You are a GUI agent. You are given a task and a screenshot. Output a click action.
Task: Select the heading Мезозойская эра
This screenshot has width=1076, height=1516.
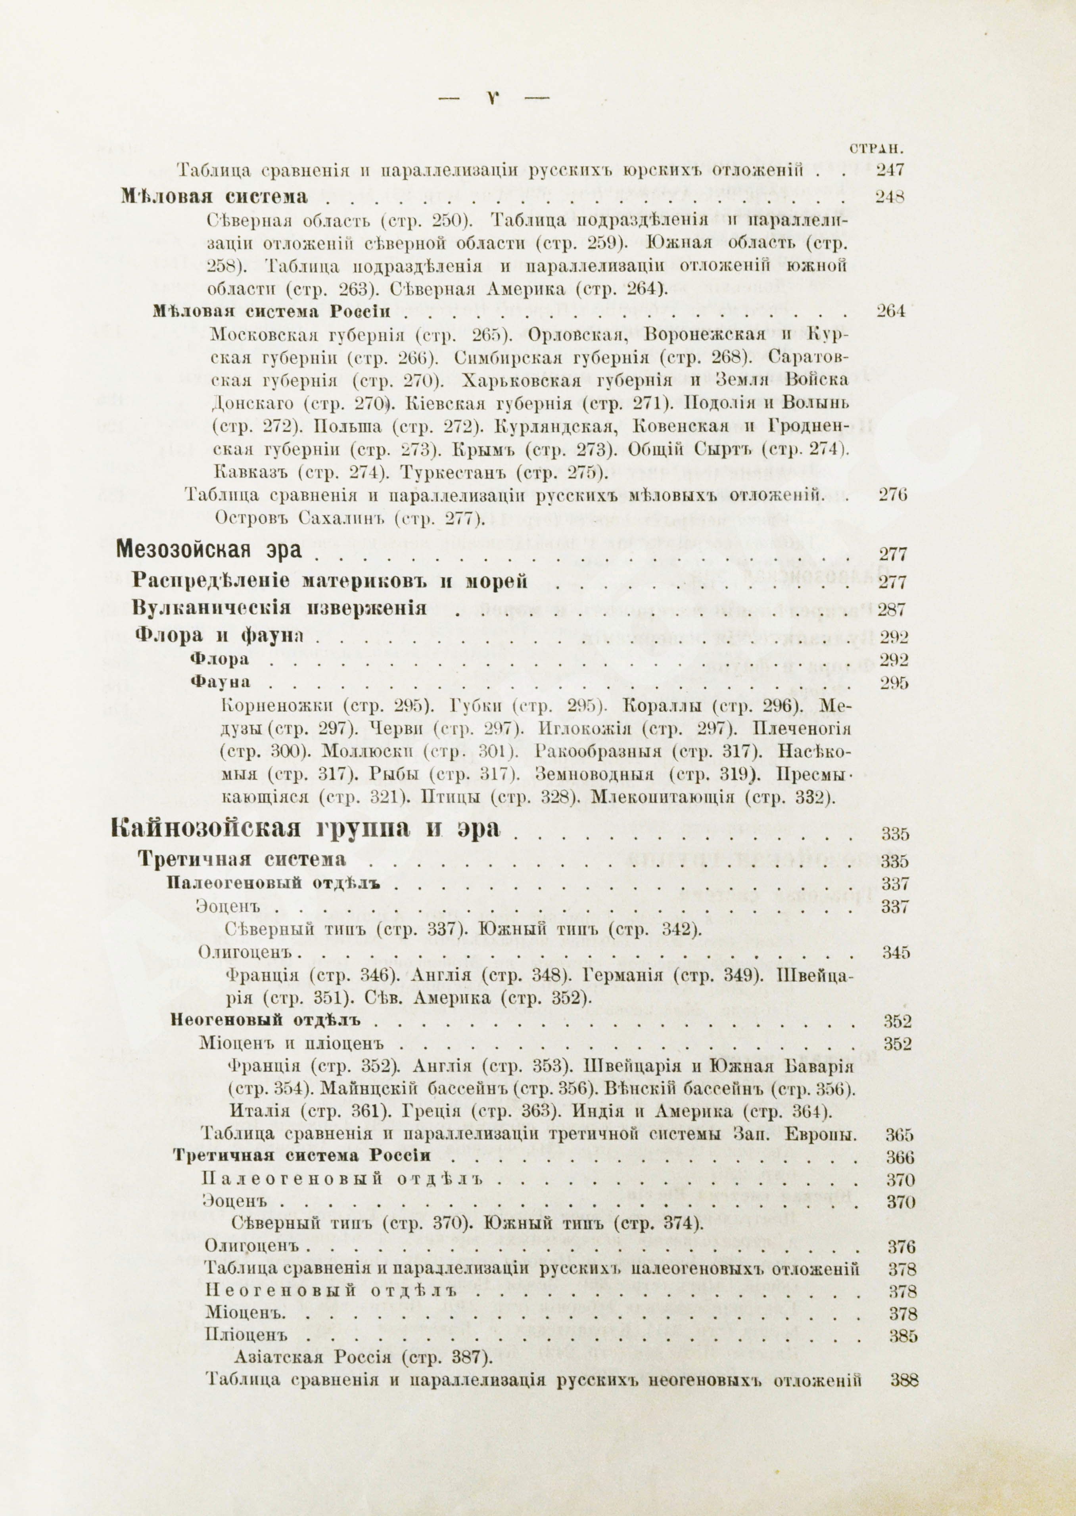pos(209,550)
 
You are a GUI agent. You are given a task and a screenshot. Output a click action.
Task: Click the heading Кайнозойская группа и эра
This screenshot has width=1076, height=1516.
pos(305,828)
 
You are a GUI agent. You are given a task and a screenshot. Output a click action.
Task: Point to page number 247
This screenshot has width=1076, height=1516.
pos(890,170)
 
